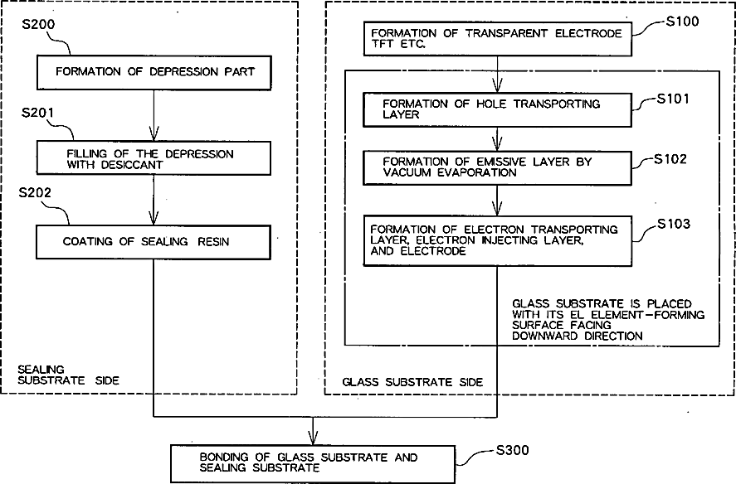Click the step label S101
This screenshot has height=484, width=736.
(x=673, y=99)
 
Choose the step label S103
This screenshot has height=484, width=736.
(x=673, y=223)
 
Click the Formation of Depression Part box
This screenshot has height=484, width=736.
(x=154, y=71)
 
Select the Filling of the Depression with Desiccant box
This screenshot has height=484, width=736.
(x=154, y=159)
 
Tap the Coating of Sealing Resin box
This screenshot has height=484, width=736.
(x=154, y=243)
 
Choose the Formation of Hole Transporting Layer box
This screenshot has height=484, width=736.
(x=497, y=109)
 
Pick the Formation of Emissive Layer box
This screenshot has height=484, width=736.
(x=497, y=167)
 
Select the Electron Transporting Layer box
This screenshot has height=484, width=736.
(x=497, y=240)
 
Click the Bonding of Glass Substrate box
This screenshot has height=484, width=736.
(x=312, y=462)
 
